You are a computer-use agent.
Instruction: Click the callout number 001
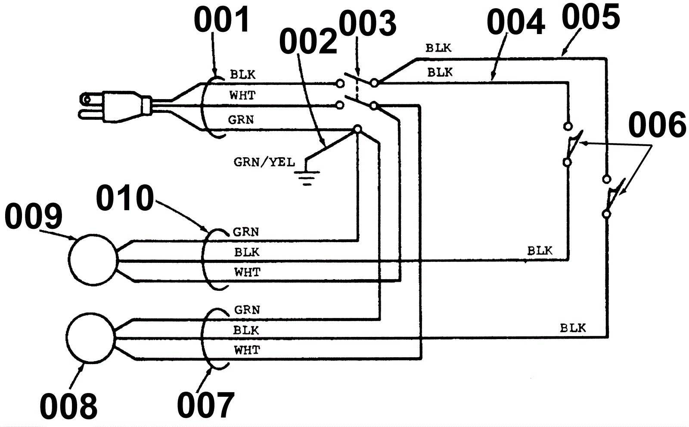[222, 20]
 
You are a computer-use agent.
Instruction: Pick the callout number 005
[591, 17]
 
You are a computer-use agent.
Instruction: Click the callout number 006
[657, 125]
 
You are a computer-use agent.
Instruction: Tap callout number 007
[205, 405]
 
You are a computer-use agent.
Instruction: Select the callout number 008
[68, 406]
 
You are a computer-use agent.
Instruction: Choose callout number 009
[34, 216]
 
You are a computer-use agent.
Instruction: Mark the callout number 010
[125, 198]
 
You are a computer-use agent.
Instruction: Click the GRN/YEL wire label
[264, 162]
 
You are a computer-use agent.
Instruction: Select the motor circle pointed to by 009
[93, 259]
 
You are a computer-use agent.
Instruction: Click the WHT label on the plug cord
[242, 95]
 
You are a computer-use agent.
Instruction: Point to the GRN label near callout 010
[246, 232]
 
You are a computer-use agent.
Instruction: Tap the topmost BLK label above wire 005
[438, 48]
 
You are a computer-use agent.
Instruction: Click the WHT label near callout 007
[247, 350]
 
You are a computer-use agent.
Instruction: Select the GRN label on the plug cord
[241, 119]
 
